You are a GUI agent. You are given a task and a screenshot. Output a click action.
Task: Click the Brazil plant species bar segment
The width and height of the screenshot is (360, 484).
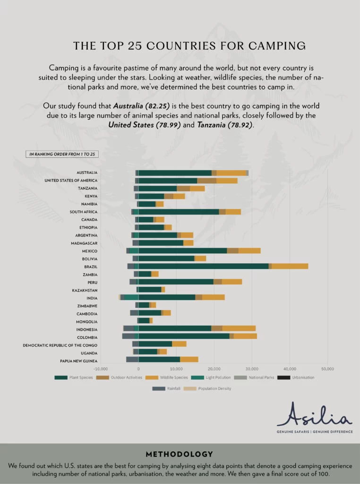pos(203,266)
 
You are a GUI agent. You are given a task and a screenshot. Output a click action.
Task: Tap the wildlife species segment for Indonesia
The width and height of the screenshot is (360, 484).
pos(239,328)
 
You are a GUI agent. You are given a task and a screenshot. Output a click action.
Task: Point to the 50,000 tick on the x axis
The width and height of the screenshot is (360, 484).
pos(327,369)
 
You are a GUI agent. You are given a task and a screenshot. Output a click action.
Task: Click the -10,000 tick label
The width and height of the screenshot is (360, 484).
pos(101,369)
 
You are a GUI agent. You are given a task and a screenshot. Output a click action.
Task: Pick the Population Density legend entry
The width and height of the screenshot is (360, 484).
pos(211,389)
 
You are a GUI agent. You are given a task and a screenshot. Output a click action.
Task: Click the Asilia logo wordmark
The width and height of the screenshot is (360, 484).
pos(314,415)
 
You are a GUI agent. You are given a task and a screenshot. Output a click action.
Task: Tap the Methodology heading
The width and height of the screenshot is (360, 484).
pos(180,454)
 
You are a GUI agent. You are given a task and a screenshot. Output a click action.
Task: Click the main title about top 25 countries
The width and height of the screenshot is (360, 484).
pos(189,46)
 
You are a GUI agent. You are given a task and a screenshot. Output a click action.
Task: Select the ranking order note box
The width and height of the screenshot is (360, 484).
pos(62,154)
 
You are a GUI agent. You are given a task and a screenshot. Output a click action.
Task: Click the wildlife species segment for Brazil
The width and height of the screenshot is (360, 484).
pos(290,266)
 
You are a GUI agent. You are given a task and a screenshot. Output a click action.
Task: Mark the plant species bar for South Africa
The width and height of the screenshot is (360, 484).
pos(179,211)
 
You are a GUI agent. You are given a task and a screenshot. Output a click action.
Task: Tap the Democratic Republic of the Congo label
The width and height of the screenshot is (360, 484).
pos(60,345)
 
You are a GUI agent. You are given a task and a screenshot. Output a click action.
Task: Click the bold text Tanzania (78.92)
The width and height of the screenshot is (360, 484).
pos(228,125)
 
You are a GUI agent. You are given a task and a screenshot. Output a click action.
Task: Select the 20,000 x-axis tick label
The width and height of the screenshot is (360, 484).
pos(214,369)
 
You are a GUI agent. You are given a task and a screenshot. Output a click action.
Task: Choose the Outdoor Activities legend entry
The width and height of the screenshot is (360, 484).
pos(115,377)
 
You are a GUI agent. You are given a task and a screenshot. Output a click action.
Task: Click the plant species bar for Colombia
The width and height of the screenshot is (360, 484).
pos(184,336)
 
